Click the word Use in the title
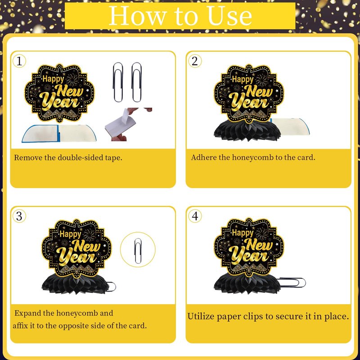pyautogui.click(x=229, y=16)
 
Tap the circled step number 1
pyautogui.click(x=19, y=61)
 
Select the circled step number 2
pyautogui.click(x=195, y=61)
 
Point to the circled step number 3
pyautogui.click(x=19, y=216)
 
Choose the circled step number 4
pyautogui.click(x=195, y=216)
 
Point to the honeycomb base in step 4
pyautogui.click(x=247, y=284)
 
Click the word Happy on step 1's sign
pyautogui.click(x=53, y=79)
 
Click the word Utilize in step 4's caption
pyautogui.click(x=201, y=316)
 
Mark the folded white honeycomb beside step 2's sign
pyautogui.click(x=290, y=126)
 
